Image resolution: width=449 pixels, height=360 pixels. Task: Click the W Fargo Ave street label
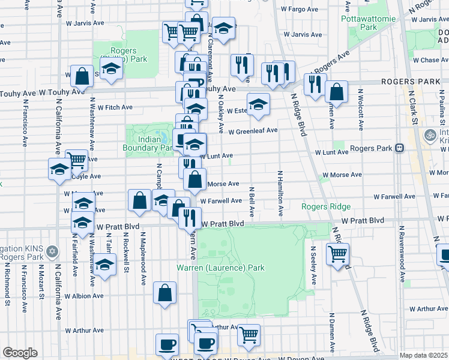point(299,9)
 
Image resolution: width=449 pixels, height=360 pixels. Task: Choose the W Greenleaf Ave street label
point(253,130)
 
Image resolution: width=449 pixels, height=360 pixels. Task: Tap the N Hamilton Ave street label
point(280,193)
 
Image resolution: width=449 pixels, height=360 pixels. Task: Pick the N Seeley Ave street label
point(313,265)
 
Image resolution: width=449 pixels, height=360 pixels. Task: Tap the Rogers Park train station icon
point(399,148)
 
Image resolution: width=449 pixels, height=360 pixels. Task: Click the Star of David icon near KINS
point(52,250)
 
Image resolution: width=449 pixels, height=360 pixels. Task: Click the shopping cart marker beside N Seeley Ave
point(337,254)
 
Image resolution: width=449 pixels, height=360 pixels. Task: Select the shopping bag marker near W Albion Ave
point(164,293)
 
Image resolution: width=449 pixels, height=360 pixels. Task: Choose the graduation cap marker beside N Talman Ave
point(105,265)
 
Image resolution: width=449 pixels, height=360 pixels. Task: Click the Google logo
point(20,353)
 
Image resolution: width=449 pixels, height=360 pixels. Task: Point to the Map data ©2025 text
point(423,355)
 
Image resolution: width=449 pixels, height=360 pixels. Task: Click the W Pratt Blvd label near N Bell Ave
point(223,224)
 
